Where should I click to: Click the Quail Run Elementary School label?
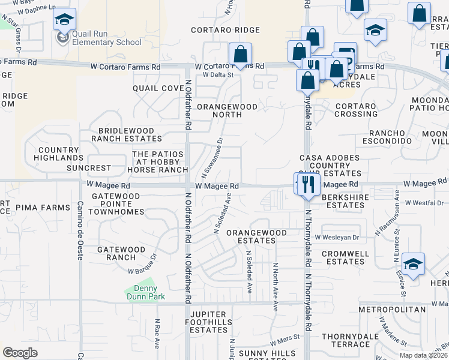pyautogui.click(x=107, y=38)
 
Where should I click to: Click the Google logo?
pyautogui.click(x=20, y=353)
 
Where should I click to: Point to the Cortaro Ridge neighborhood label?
pyautogui.click(x=226, y=30)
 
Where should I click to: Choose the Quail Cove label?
pyautogui.click(x=158, y=88)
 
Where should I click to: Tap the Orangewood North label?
pyautogui.click(x=227, y=110)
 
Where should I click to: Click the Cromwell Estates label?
pyautogui.click(x=345, y=257)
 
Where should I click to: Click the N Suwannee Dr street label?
pyautogui.click(x=213, y=158)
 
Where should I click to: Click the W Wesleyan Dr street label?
pyautogui.click(x=341, y=238)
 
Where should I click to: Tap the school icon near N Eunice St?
pyautogui.click(x=413, y=264)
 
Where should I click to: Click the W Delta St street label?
pyautogui.click(x=218, y=75)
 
